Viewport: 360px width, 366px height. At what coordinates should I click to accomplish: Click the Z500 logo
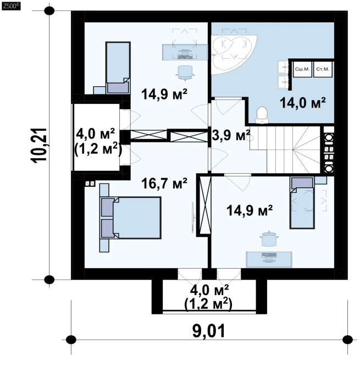coord(11,6)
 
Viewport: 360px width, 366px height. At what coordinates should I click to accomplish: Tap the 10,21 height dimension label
coord(39,145)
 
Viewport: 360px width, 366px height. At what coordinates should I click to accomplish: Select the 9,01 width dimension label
coord(209,331)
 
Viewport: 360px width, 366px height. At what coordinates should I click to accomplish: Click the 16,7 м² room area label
coord(164,184)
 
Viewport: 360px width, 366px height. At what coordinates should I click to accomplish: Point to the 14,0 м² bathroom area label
coord(303,103)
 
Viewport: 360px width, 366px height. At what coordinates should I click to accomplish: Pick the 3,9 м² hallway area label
coord(231,135)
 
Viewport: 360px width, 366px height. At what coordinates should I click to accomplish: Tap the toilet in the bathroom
coord(262,115)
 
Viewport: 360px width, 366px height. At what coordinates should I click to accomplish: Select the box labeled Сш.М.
coord(302,69)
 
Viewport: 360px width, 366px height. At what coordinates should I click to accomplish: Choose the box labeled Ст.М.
coord(323,69)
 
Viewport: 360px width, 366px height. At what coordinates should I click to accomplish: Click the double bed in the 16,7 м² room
coord(131,218)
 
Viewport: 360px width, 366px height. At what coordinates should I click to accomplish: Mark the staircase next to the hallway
coord(285,149)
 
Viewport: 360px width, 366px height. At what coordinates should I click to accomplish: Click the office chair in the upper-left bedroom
coord(185,73)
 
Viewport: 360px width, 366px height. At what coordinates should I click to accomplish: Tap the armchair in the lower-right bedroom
coord(269,239)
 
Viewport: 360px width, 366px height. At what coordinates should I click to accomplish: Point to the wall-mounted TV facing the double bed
coord(193,218)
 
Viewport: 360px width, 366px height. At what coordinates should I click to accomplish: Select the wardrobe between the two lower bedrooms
coord(206,205)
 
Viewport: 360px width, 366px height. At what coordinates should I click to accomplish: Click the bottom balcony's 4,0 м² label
coord(209,290)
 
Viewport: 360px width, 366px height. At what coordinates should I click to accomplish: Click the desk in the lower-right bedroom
coord(269,259)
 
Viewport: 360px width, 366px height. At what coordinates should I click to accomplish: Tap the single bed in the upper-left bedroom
coord(118,68)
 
